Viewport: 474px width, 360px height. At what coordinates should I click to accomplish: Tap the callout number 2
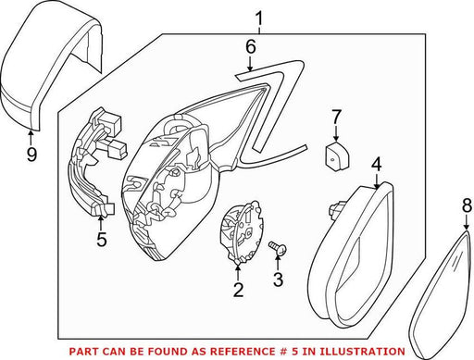coord(238,290)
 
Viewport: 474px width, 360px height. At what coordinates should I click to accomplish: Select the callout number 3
coord(278,279)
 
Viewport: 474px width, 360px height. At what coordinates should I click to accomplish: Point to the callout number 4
coord(377,165)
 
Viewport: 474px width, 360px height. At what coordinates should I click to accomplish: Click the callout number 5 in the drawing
coord(102,239)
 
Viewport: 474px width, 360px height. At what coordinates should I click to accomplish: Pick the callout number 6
coord(251,47)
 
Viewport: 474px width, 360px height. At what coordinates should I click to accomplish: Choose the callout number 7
coord(336,118)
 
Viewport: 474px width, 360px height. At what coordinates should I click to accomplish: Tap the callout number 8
coord(467,205)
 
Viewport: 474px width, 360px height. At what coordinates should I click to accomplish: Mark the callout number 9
coord(31,154)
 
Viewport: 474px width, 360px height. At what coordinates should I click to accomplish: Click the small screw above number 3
coord(278,247)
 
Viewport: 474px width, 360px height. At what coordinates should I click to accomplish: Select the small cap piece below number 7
coord(336,155)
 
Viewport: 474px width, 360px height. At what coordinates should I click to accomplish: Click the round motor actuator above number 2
coord(243,231)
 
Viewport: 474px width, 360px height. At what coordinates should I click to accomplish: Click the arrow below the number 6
coord(251,65)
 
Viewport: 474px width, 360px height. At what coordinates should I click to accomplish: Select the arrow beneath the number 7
coord(336,134)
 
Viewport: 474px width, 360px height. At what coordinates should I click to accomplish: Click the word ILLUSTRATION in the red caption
coord(361,352)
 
